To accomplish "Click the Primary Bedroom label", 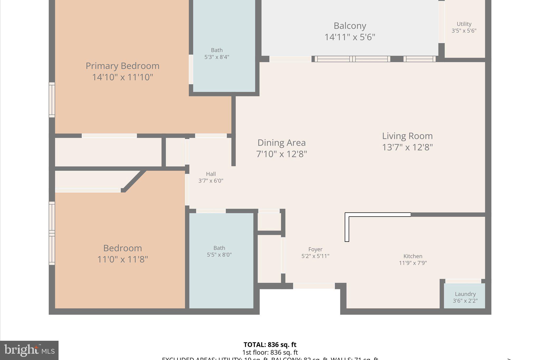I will coord(122,66).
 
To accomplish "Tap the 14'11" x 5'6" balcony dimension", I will coord(350,37).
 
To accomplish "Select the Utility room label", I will coord(464,24).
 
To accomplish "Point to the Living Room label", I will coord(407,136).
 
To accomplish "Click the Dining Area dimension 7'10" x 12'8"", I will coord(282,154).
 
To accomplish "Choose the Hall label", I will coord(211,174).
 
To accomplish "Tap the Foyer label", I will coord(315,249).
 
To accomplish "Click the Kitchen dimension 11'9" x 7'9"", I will coord(413,263).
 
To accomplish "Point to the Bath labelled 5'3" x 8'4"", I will coord(217,53).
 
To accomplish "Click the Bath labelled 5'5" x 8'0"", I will coord(219,251).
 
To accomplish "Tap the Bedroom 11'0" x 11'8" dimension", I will coord(123,260).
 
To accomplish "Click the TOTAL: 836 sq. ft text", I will coord(270,345).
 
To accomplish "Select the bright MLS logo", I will coord(29,351).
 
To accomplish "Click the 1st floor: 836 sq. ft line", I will coord(270,352).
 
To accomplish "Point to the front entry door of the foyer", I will coord(314,286).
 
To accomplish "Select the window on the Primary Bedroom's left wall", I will coord(52,100).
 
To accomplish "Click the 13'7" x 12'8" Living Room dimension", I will coord(407,147).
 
